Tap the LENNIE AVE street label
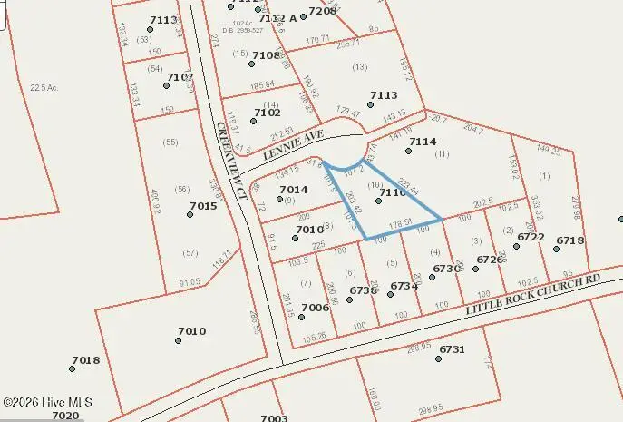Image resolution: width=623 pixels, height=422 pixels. click(293, 145)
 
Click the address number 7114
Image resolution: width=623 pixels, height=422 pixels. click(423, 142)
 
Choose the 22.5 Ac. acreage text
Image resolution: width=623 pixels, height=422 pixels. click(44, 87)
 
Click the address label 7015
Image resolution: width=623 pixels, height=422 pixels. click(203, 207)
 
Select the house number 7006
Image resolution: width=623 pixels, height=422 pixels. click(315, 308)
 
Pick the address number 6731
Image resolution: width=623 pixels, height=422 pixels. click(452, 349)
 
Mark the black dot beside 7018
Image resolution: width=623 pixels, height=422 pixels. click(73, 368)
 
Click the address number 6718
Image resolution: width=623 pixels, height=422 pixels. click(570, 240)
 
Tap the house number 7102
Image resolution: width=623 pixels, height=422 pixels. click(254, 113)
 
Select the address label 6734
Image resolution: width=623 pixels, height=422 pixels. click(404, 286)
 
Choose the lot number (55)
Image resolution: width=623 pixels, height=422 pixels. click(169, 142)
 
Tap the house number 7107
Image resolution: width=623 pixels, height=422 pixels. click(180, 77)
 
